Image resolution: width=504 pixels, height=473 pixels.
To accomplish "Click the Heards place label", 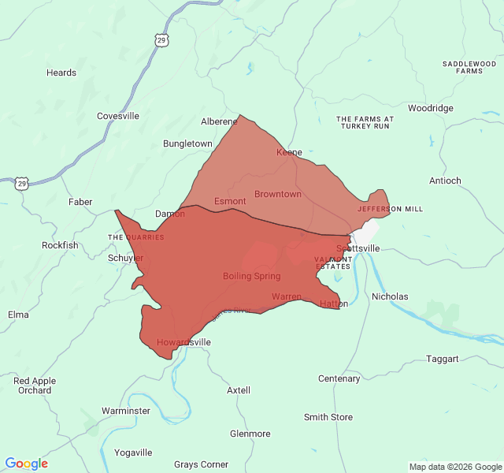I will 61,73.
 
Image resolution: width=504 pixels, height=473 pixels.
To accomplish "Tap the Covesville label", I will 118,116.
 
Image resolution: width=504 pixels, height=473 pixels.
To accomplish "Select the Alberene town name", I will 219,121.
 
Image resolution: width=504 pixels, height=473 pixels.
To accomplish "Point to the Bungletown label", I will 187,143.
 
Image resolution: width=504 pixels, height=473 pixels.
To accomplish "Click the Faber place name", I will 80,202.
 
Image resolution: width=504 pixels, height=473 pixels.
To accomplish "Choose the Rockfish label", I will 60,245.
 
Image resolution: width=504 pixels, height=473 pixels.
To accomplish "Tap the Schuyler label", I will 126,258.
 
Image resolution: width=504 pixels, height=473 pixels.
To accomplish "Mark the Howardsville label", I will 183,342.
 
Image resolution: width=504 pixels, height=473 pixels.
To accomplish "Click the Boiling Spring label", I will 251,276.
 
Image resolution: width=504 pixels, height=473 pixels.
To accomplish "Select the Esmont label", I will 230,201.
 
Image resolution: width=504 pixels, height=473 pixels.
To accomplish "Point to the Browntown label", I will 278,194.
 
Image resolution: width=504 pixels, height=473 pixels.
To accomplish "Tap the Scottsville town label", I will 358,248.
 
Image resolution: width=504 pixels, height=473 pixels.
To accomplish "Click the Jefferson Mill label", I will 390,209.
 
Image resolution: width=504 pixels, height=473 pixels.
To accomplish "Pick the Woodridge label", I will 431,108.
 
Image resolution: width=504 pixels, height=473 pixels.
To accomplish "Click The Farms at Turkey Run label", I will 365,122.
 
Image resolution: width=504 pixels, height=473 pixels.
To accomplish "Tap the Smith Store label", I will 328,417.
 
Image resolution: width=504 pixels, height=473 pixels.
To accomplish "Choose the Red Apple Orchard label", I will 35,385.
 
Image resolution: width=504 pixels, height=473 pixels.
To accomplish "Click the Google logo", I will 27,464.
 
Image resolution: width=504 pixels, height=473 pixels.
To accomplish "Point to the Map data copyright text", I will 454,467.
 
